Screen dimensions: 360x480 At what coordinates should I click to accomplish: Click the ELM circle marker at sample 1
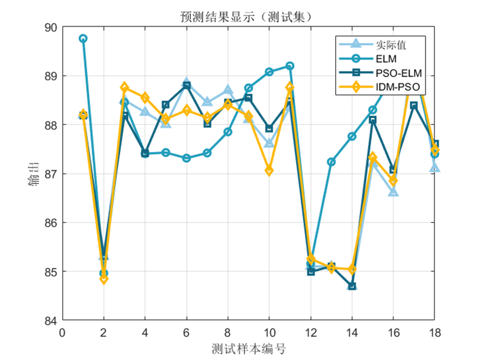point(83,39)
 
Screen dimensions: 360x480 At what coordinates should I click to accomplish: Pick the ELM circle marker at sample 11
point(290,66)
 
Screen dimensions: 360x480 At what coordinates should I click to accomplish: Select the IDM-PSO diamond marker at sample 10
point(269,171)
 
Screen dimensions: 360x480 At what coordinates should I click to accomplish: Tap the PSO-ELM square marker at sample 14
point(352,286)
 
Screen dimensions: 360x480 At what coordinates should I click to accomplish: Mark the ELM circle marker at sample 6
point(186,158)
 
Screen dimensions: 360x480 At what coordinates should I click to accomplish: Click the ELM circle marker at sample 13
point(331,162)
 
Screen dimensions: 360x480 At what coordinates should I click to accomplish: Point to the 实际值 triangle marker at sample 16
point(393,192)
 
